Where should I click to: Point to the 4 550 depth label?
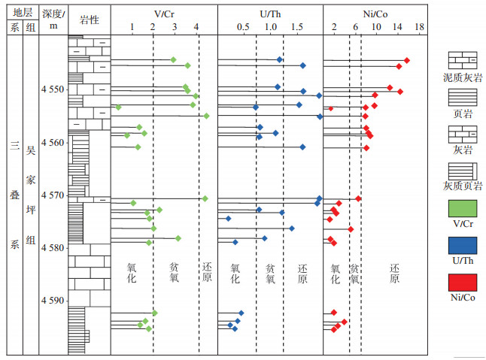[x=53, y=89]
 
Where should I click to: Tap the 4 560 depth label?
[x=53, y=142]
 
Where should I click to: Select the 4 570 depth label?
[x=53, y=195]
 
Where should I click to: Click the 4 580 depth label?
[x=53, y=247]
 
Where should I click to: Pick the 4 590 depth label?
[x=53, y=301]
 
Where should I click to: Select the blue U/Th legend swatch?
[x=463, y=246]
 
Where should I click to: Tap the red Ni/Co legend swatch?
[x=463, y=283]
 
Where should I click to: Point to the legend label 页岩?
[x=463, y=113]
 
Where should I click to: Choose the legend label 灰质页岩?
[x=463, y=185]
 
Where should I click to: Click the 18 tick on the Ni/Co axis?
[x=419, y=27]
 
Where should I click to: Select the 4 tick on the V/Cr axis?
[x=196, y=27]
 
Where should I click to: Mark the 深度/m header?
[x=53, y=20]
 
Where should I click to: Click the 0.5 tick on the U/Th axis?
[x=243, y=27]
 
